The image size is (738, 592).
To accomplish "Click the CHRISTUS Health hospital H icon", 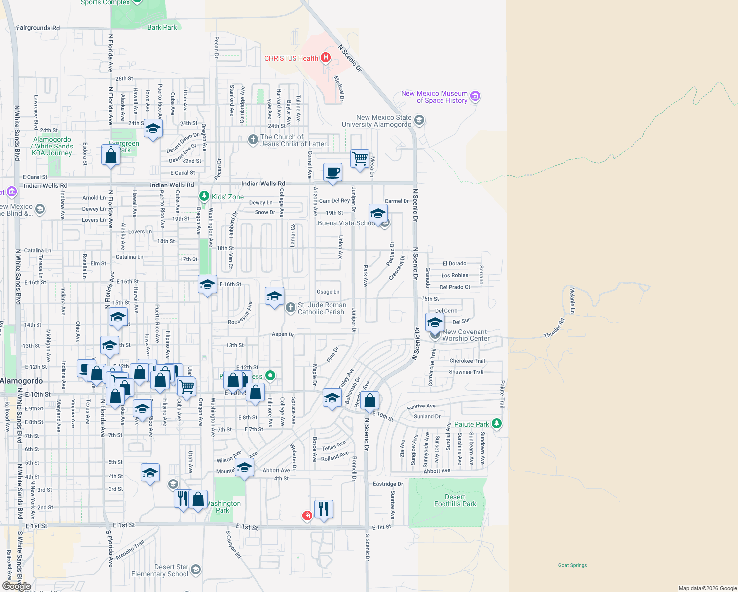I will click(325, 58).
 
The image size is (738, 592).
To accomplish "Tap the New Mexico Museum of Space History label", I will click(434, 97).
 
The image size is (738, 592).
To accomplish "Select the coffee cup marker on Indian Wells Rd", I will click(333, 172).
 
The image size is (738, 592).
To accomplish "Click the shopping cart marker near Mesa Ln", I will click(360, 159).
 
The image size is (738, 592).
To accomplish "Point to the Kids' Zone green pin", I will click(204, 196).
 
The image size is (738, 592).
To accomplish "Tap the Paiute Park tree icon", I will click(497, 423).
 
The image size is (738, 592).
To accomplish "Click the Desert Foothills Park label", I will click(455, 500).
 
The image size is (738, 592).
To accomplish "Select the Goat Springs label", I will click(572, 565).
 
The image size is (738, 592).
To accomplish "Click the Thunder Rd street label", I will click(554, 328).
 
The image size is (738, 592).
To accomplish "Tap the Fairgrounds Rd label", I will click(38, 28).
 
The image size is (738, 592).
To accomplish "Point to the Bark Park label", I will click(162, 27).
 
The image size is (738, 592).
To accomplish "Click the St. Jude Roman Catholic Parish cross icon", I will click(291, 308).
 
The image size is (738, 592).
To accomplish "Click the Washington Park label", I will click(222, 507).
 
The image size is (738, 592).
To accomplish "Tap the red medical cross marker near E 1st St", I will click(307, 516).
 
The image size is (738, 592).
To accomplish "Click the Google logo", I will click(16, 586).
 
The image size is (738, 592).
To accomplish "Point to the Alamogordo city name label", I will click(22, 381).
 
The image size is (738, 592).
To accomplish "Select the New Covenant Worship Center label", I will click(466, 335).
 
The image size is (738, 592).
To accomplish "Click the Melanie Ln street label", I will click(572, 300).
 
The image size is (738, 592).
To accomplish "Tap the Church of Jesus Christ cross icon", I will click(253, 140).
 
